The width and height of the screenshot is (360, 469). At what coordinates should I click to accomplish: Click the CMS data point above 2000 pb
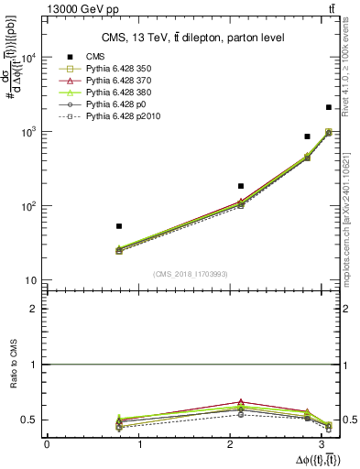(328, 107)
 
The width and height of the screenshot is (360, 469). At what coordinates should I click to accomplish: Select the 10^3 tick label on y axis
(29, 132)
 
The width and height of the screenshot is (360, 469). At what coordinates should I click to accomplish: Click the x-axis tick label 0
(47, 444)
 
